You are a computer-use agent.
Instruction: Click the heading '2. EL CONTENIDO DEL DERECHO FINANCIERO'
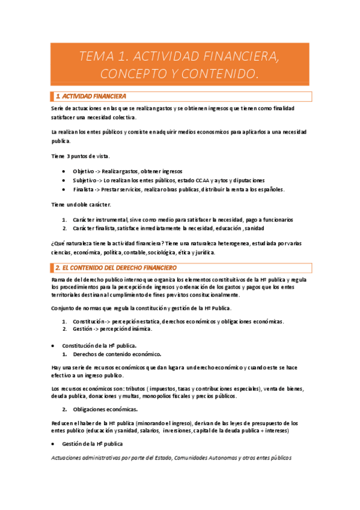tap(116, 267)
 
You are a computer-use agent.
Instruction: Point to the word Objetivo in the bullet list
tap(84, 171)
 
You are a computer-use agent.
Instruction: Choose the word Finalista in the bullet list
tap(85, 189)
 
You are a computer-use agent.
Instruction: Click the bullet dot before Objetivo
tap(64, 171)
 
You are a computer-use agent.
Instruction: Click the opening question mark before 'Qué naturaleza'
tap(53, 243)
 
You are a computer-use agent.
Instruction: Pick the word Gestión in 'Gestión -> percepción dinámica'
tap(83, 329)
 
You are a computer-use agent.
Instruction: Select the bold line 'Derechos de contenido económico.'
tap(117, 354)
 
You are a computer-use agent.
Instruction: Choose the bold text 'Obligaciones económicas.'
tap(105, 410)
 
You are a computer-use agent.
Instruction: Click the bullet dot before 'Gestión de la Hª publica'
tap(55, 443)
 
